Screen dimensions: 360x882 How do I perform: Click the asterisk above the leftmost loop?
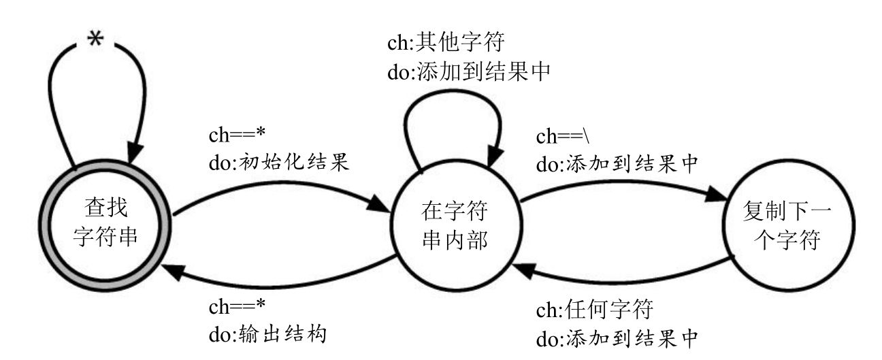[97, 39]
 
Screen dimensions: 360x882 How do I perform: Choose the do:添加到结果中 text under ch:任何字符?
[615, 338]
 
